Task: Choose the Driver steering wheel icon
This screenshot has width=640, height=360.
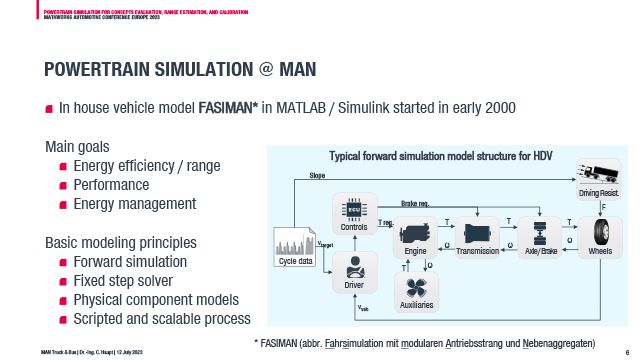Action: pyautogui.click(x=354, y=269)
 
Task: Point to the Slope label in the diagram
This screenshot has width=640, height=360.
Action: pyautogui.click(x=317, y=175)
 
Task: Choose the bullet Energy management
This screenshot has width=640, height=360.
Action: pyautogui.click(x=134, y=203)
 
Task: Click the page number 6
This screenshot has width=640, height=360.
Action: pyautogui.click(x=625, y=352)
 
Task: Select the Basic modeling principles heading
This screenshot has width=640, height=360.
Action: pyautogui.click(x=120, y=242)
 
